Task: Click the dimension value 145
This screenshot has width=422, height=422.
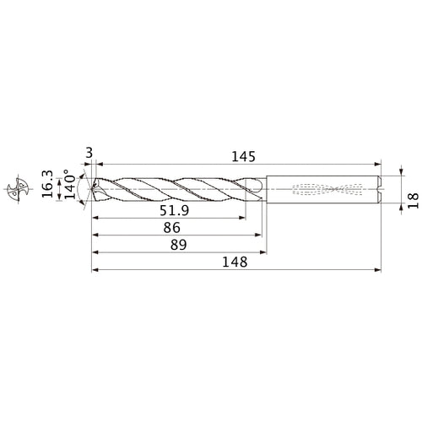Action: click(x=239, y=158)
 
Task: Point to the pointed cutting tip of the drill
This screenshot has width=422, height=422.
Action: click(x=92, y=190)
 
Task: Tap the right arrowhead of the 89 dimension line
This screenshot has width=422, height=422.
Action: click(x=264, y=252)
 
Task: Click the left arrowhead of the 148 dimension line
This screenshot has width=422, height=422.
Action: click(x=95, y=271)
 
